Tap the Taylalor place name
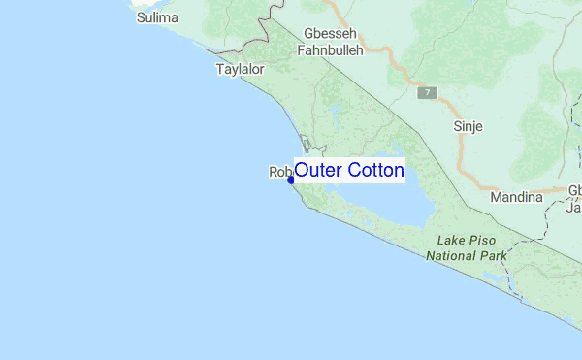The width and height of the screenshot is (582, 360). [x=240, y=70]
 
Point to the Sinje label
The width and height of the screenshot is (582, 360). [x=468, y=126]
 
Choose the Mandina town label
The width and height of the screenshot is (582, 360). [x=517, y=197]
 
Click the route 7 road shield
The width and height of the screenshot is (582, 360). [x=428, y=94]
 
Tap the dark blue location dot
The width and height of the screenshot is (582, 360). [x=290, y=180]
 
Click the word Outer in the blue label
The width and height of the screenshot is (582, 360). [x=315, y=170]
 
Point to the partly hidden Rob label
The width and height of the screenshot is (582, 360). [x=278, y=172]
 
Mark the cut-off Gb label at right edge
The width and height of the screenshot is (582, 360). [x=574, y=190]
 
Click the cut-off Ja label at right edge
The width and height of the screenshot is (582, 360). [x=574, y=207]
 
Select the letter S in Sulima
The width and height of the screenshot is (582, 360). [x=141, y=17]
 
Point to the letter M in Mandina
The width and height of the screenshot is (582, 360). [x=498, y=197]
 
